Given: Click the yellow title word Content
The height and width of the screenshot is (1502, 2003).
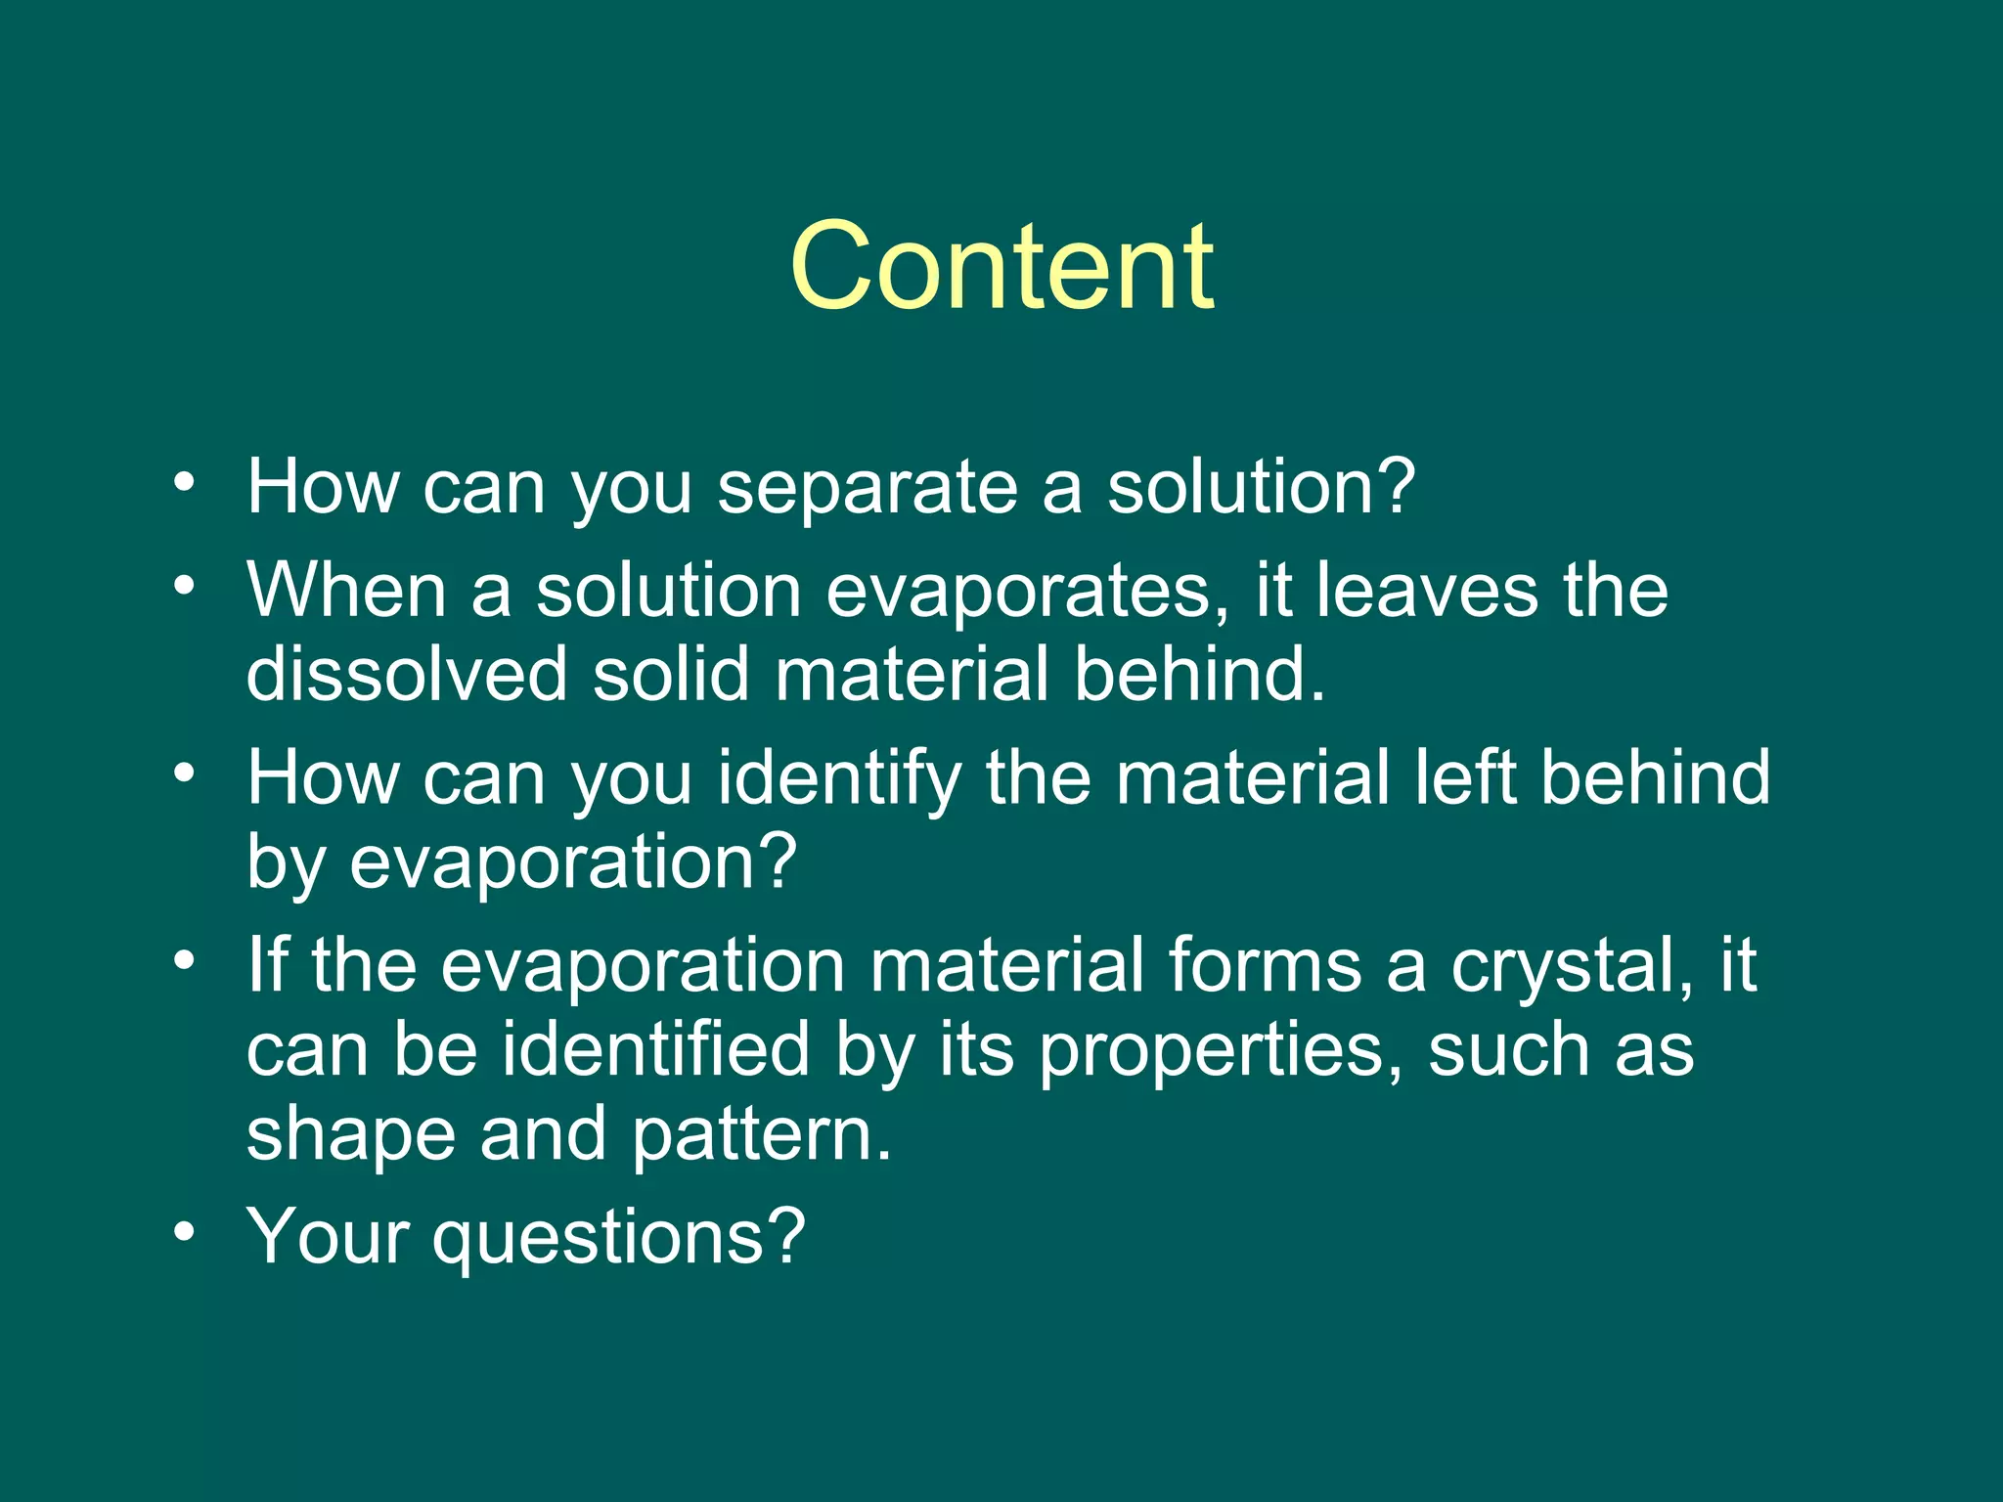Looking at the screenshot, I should (x=1001, y=266).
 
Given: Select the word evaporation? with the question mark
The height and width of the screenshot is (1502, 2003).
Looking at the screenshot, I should (x=573, y=862).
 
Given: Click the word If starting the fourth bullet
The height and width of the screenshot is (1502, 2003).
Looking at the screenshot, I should (x=267, y=964).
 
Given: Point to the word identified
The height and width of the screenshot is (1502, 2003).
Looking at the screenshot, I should (x=656, y=1049).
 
